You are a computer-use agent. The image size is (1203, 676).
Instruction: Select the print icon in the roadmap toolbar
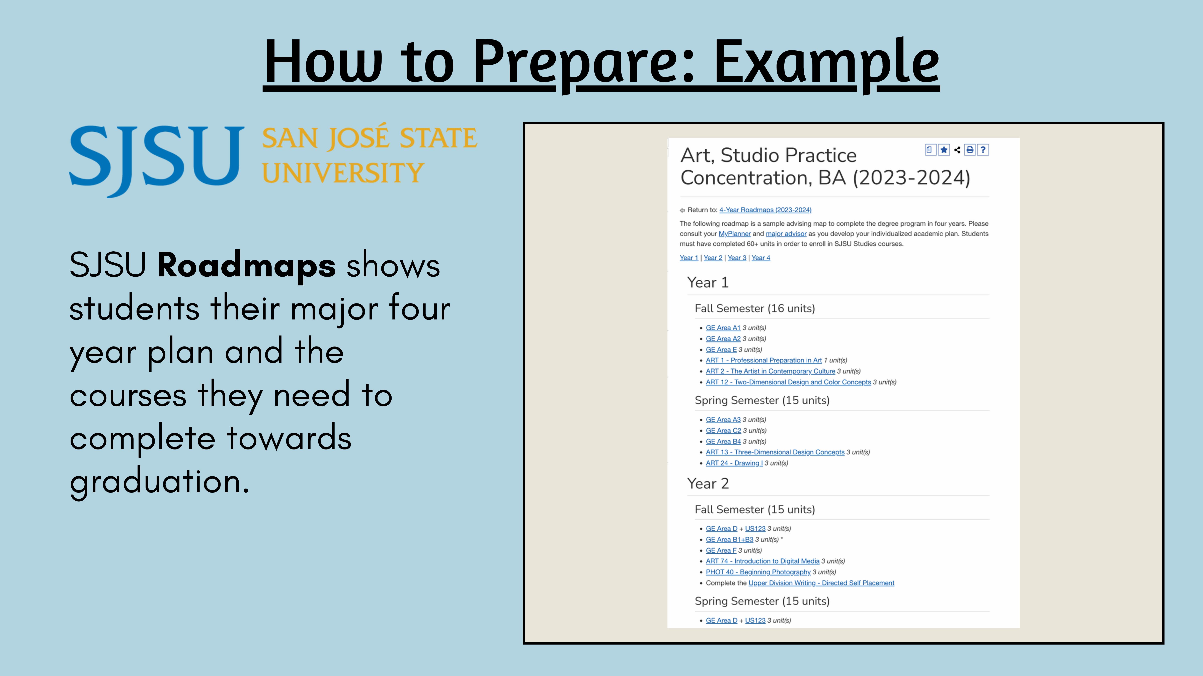point(970,150)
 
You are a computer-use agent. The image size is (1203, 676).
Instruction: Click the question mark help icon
point(983,150)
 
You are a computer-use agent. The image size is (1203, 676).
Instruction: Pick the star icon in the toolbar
point(944,150)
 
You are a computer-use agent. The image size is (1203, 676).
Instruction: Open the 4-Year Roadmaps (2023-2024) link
point(766,210)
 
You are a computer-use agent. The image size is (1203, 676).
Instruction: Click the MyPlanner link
point(735,234)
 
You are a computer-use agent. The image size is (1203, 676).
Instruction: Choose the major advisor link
point(786,234)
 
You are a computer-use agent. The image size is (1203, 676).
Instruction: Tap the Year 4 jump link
point(761,258)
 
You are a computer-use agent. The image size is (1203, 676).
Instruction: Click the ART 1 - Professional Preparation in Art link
point(764,360)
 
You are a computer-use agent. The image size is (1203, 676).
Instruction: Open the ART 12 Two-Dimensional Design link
point(788,382)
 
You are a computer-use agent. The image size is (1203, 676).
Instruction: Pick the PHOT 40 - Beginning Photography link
point(758,572)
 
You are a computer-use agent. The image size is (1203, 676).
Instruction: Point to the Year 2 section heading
point(708,483)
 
